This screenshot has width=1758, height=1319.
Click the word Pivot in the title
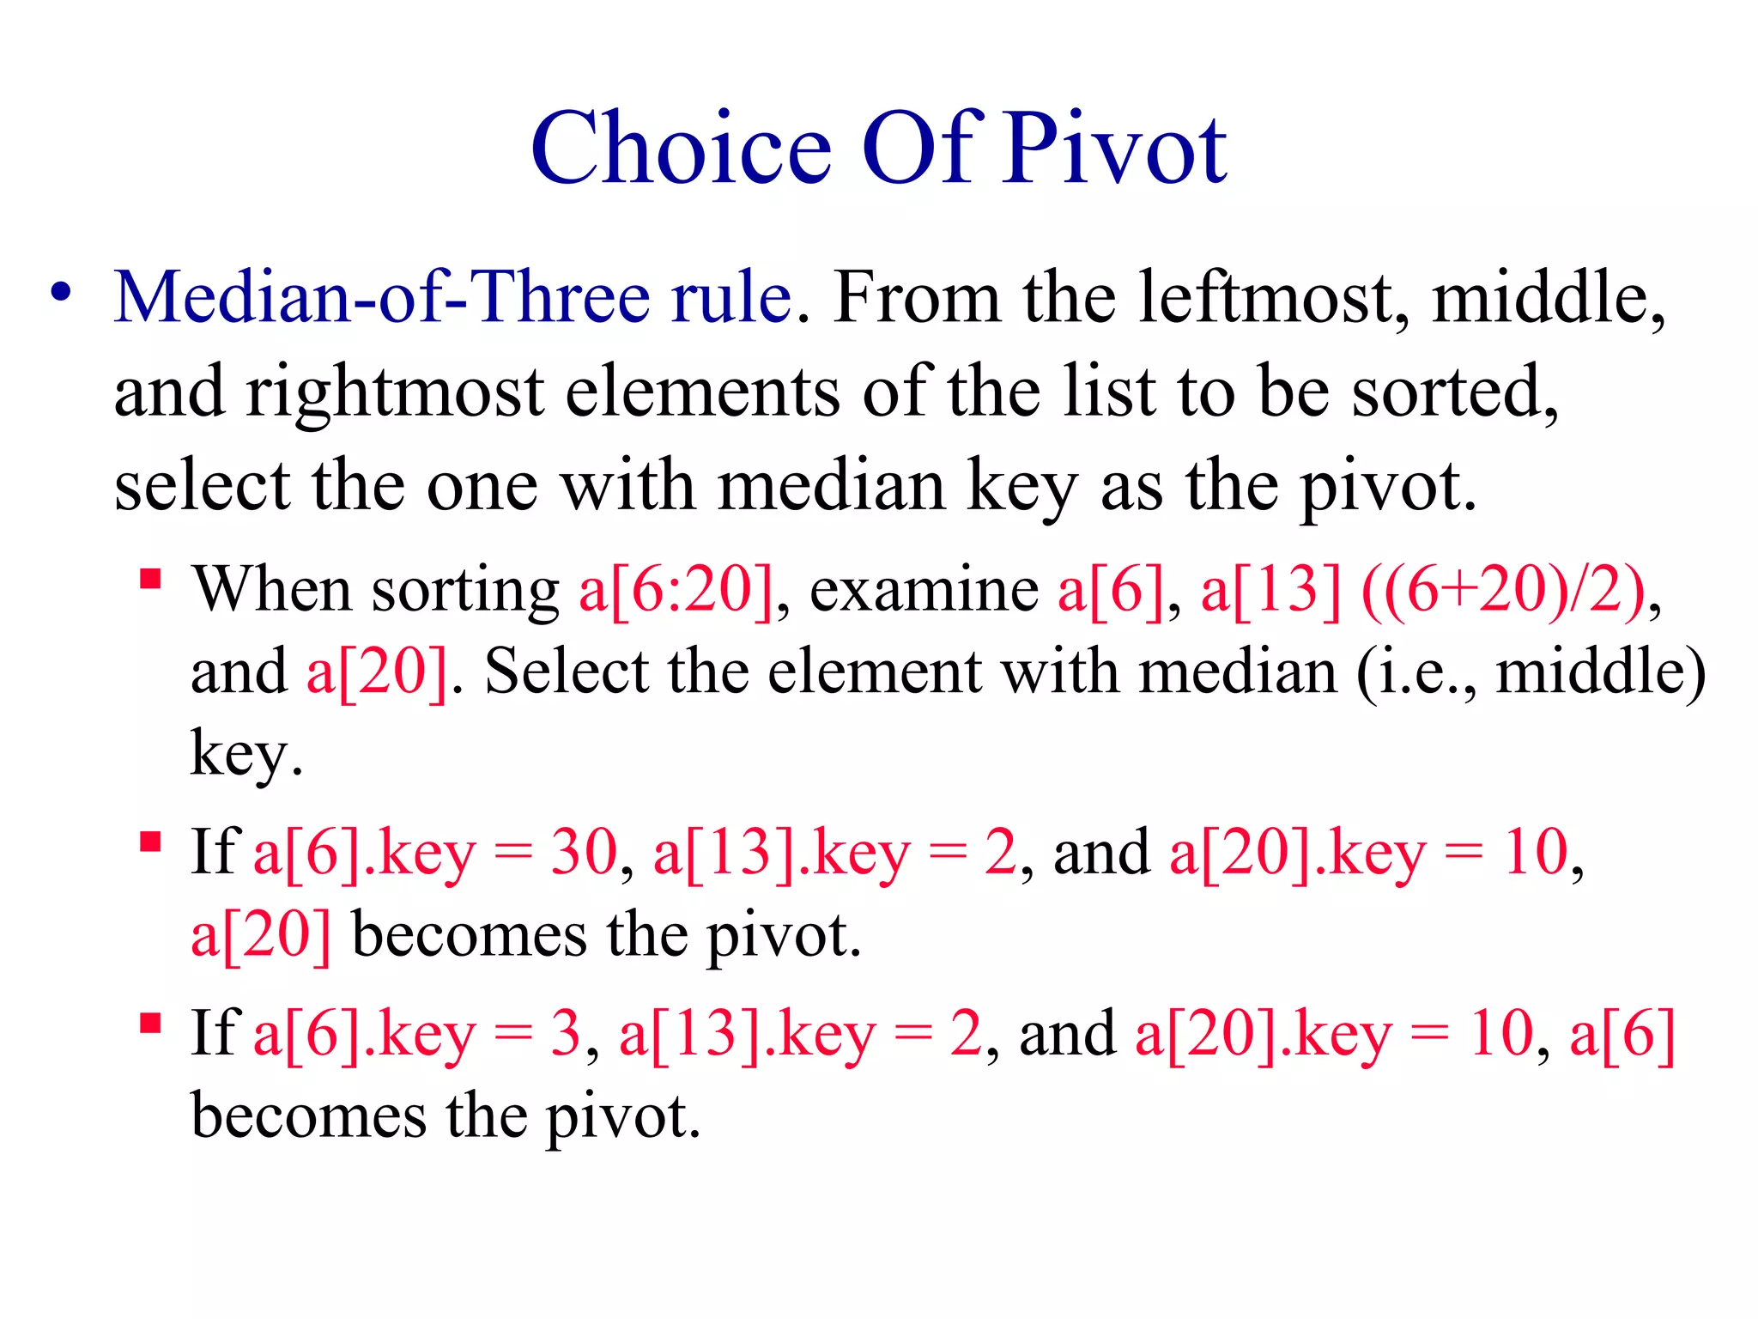1115,149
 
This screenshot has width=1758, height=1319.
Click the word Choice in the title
682,149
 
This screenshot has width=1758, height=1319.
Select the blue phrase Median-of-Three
381,297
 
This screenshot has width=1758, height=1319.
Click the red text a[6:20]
676,591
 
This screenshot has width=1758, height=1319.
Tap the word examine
924,591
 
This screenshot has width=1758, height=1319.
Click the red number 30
584,853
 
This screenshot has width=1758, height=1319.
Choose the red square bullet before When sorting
151,580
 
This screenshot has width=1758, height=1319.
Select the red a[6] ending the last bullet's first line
1622,1034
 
